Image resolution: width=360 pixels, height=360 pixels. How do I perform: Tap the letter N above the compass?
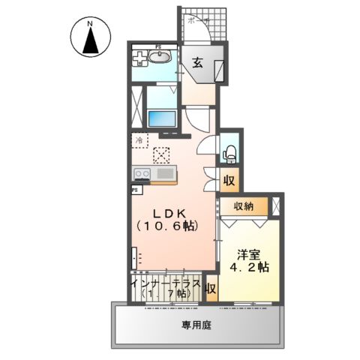point(90,22)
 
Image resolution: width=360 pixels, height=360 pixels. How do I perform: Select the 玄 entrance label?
point(197,64)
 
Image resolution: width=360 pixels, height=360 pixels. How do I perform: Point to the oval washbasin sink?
point(163,59)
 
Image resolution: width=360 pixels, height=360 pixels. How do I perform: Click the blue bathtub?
point(161,118)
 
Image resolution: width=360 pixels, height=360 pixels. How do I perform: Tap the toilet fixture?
point(229,153)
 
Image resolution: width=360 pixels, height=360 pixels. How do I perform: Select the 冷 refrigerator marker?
point(139,139)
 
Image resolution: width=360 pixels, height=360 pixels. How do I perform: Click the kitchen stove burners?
point(141,175)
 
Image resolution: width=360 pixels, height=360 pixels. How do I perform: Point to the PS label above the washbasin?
point(158,47)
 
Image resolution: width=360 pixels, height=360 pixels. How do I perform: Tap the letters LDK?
point(170,212)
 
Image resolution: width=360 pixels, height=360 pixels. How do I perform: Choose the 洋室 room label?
point(250,253)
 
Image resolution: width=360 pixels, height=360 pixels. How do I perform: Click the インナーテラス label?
point(166,284)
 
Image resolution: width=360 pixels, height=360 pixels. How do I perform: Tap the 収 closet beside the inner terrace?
point(211,289)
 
